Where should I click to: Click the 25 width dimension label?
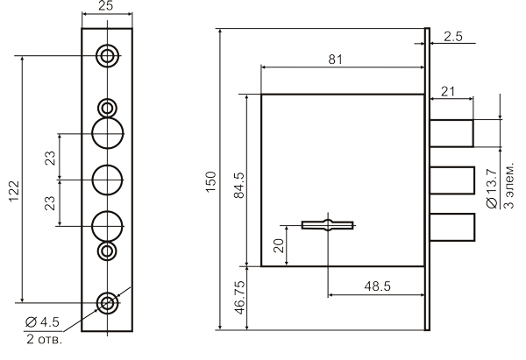tap(106, 6)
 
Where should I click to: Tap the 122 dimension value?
tap(14, 191)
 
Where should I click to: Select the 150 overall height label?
tap(210, 181)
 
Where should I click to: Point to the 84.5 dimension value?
tap(239, 186)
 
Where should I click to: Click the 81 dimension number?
tap(336, 60)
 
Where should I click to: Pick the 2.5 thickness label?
tap(453, 36)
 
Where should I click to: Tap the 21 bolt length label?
tap(448, 91)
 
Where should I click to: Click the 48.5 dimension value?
tap(377, 286)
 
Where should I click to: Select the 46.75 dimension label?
tap(240, 298)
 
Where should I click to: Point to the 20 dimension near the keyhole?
tap(279, 245)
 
